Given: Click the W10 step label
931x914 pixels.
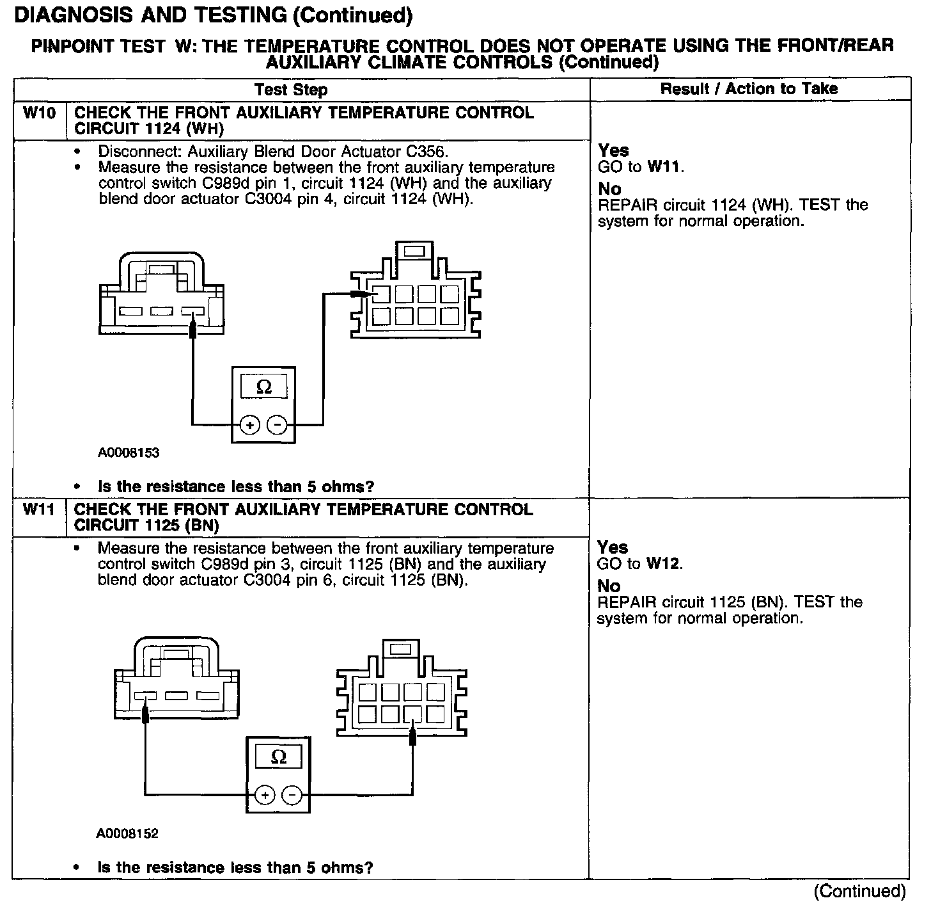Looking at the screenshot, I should tap(39, 114).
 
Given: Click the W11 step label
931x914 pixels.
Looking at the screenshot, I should tap(39, 510).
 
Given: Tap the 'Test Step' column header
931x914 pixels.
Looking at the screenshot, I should tap(291, 90).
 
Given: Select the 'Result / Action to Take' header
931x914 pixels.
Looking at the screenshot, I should tap(749, 89).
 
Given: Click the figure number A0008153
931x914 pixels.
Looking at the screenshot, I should tap(129, 453).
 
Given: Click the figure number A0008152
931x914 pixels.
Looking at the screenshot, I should tap(127, 833).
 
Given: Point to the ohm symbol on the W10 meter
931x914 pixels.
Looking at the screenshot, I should tap(263, 387).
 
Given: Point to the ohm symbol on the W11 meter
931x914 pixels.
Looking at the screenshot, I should tap(279, 757).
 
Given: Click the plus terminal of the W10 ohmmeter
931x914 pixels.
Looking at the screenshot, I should tap(250, 425).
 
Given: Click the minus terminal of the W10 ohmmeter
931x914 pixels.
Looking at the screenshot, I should tap(277, 425).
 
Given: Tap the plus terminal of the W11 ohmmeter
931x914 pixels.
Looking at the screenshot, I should tap(265, 796).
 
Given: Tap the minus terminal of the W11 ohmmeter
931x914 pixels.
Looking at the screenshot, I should tap(292, 796).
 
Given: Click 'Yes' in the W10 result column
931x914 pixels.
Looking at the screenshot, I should tap(613, 151).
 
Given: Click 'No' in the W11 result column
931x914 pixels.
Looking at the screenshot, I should tap(608, 586).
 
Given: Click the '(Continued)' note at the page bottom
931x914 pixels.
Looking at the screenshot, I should tap(859, 891).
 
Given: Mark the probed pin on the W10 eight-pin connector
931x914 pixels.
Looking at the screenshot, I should tap(381, 294).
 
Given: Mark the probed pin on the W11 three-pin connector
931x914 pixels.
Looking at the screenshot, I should tap(146, 697).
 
